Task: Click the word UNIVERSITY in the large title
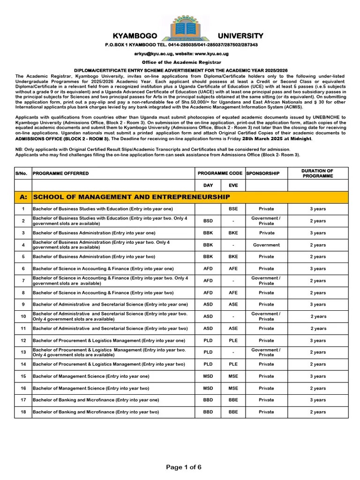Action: [240, 36]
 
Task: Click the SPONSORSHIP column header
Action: [263, 173]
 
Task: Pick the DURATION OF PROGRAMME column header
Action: [317, 173]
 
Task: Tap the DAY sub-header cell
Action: [208, 186]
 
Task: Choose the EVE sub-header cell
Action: [233, 186]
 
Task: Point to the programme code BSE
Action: [233, 209]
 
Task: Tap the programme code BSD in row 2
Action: [208, 221]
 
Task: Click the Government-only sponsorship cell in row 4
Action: [266, 245]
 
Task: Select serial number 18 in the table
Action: [23, 412]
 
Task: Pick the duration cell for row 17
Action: [317, 400]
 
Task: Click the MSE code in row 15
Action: [233, 376]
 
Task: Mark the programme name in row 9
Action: [110, 304]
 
